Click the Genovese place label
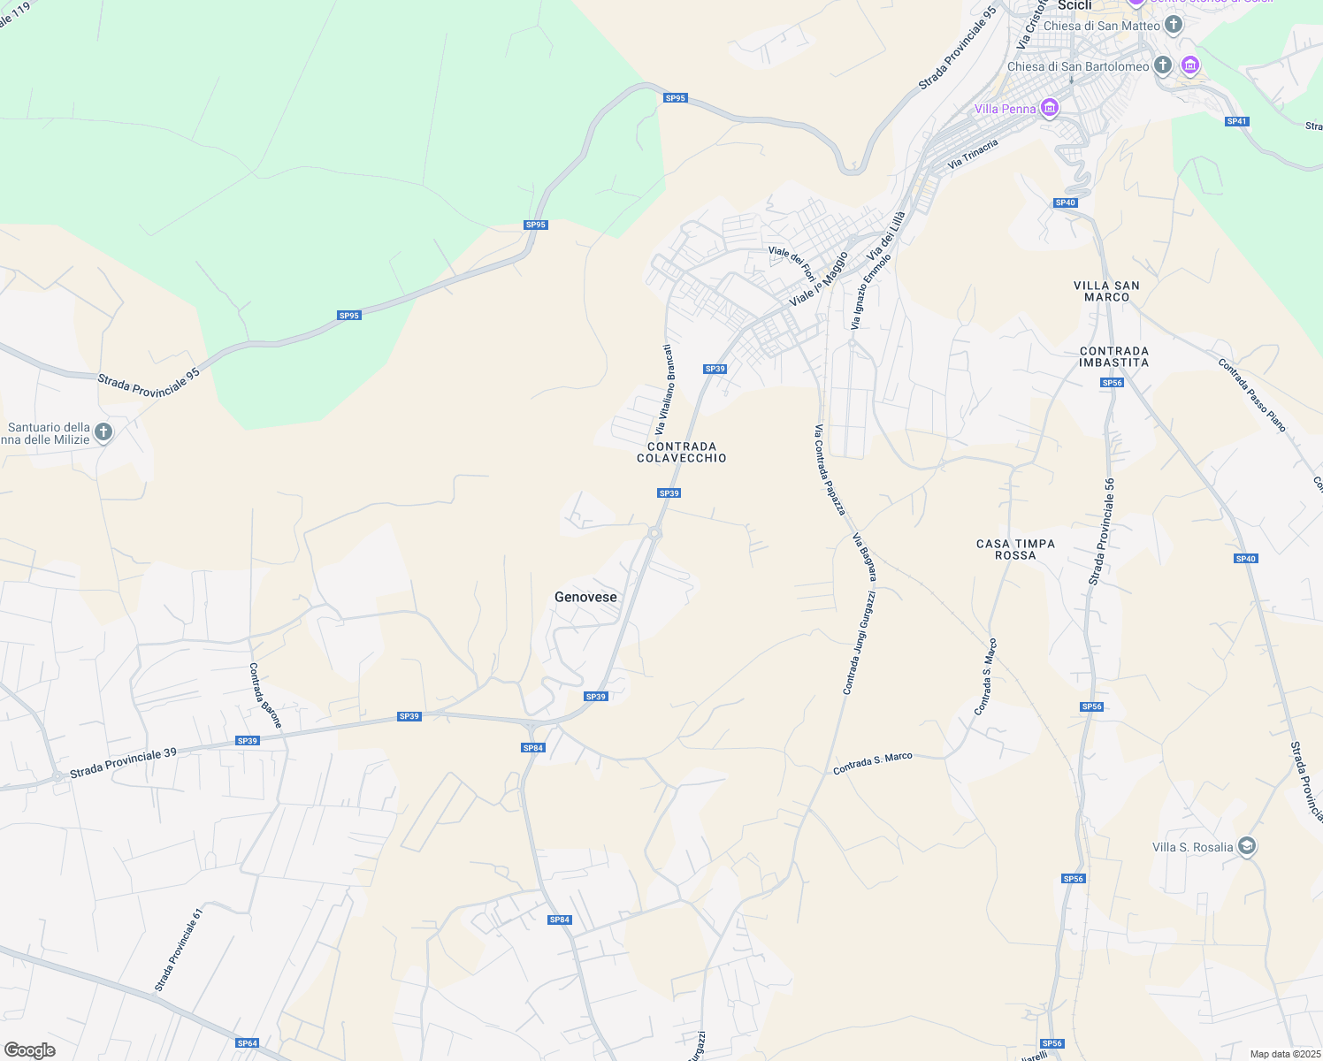[585, 598]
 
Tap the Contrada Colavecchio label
[682, 453]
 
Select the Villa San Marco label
[1106, 292]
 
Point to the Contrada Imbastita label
[1114, 357]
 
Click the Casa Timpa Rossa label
[1015, 550]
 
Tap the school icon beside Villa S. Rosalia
[1246, 847]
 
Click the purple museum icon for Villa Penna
[1050, 109]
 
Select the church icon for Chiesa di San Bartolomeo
[1163, 66]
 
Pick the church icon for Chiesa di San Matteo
[1174, 25]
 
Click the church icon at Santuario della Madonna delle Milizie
[103, 432]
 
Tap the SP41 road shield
[1236, 121]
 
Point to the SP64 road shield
[248, 1043]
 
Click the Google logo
[30, 1050]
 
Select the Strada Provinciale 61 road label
[179, 950]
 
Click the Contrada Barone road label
[265, 695]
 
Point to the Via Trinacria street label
[973, 154]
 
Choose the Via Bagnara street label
[865, 557]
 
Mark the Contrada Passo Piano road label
[1251, 394]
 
